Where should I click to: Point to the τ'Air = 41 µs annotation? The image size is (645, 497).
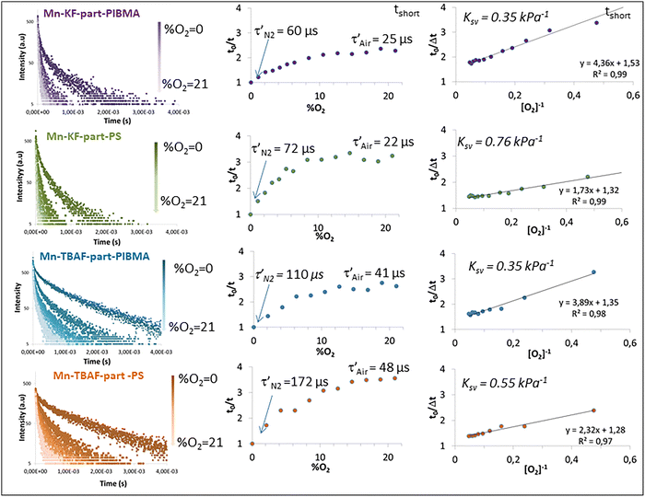tap(374, 273)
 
